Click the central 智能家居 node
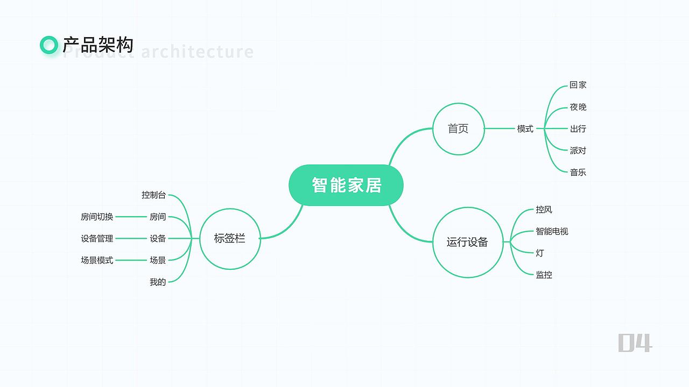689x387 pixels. [x=346, y=185]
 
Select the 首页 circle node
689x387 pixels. [x=458, y=129]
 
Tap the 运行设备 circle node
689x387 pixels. [x=467, y=242]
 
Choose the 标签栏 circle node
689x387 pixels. [x=230, y=239]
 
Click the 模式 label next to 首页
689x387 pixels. [x=525, y=129]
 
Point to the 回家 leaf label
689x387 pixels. [x=578, y=85]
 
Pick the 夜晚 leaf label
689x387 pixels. [x=578, y=107]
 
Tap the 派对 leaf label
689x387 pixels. [x=578, y=150]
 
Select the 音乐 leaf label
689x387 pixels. [x=578, y=173]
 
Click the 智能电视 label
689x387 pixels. [x=552, y=231]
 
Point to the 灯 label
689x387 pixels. [x=539, y=253]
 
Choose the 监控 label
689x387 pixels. [x=544, y=275]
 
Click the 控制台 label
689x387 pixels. [x=153, y=195]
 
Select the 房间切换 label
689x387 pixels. [x=97, y=217]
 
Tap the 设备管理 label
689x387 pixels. [x=97, y=239]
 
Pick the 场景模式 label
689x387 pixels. [x=97, y=260]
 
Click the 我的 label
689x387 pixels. [x=158, y=282]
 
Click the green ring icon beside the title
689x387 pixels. [x=49, y=45]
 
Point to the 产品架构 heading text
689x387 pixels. [x=98, y=45]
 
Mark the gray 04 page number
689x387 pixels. [x=635, y=342]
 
